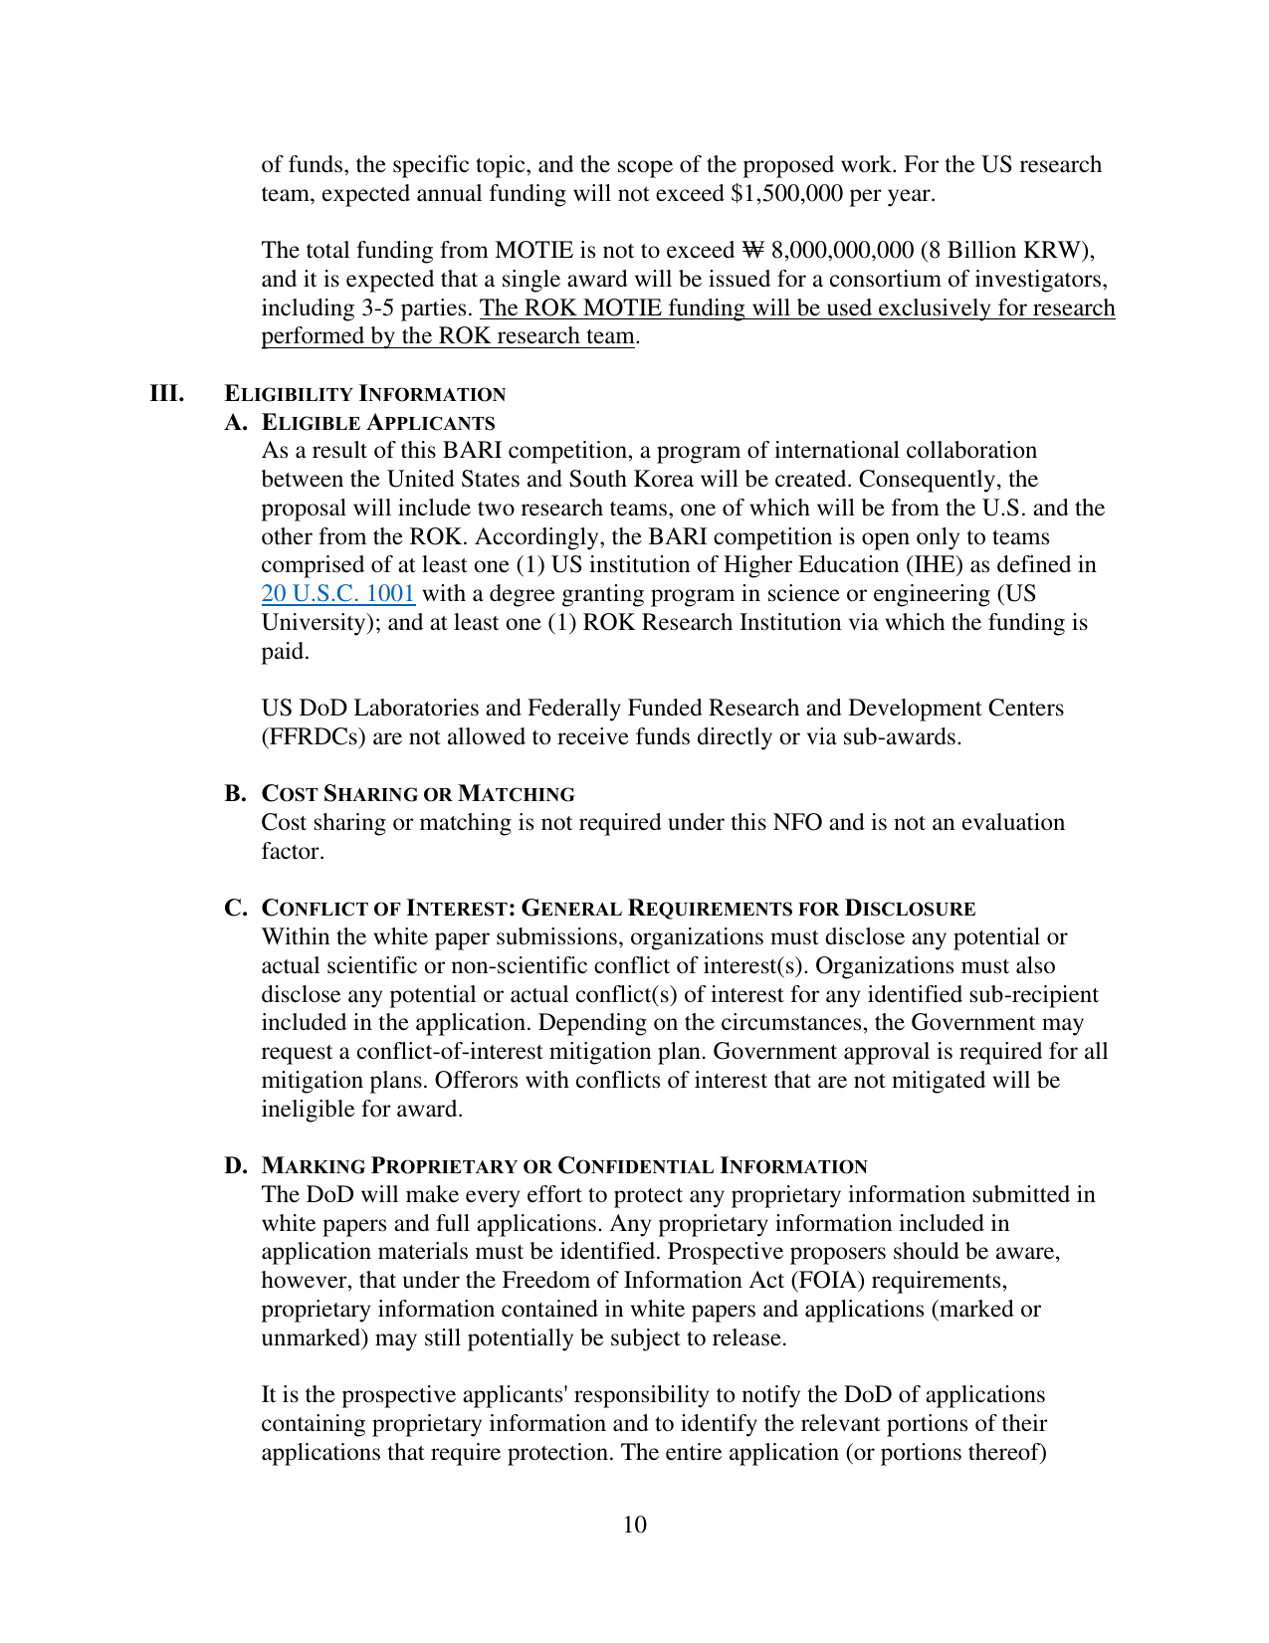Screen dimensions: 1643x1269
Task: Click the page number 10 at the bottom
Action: click(x=634, y=1525)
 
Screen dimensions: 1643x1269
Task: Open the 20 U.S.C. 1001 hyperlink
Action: click(x=337, y=594)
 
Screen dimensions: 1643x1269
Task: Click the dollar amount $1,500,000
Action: click(x=785, y=193)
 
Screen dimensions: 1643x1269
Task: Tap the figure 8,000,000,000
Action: click(x=842, y=250)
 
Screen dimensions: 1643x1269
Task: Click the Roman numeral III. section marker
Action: click(x=167, y=393)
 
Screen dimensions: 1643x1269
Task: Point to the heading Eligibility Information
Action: click(x=364, y=394)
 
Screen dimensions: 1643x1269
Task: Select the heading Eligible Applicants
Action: click(x=377, y=423)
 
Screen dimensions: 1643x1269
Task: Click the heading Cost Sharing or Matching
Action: click(x=418, y=794)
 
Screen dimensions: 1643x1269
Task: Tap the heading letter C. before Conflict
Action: click(x=235, y=909)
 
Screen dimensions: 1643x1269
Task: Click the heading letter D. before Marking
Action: click(x=235, y=1166)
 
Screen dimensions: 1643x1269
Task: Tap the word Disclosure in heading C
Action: click(x=910, y=909)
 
